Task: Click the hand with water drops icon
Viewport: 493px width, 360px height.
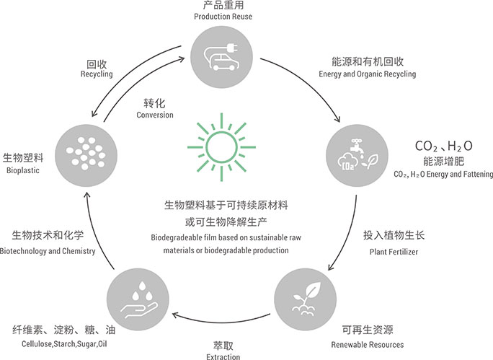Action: point(138,297)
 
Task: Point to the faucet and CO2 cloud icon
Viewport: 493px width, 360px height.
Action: point(355,152)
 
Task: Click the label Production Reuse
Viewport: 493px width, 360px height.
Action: point(222,17)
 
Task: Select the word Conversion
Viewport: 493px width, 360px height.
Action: point(154,115)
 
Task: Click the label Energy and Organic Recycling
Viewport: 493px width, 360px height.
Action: point(366,74)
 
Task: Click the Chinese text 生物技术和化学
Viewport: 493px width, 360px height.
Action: point(48,235)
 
